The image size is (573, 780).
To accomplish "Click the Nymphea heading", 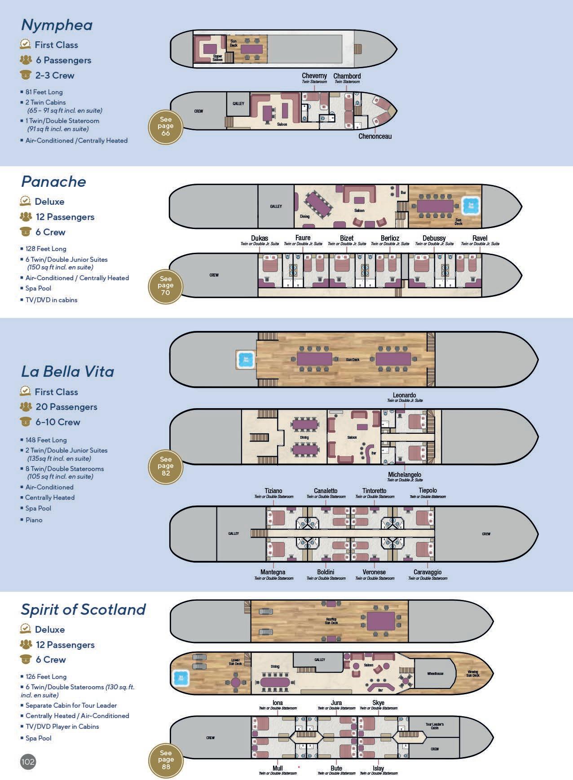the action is pos(57,25).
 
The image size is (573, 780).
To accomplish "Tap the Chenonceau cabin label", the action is pos(375,137).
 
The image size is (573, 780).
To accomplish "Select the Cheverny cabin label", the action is pos(314,76).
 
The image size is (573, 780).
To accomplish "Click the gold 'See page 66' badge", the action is pos(166,126).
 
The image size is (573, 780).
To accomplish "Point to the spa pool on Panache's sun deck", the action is pos(471,206).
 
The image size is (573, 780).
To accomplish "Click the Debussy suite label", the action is pos(434,238).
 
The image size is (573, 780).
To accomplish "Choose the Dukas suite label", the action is pos(260,238).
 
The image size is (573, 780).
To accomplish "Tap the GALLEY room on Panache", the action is pos(276,206).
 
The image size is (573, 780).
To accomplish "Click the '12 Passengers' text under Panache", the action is pos(65,217).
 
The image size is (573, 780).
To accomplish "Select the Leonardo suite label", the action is pos(404,396).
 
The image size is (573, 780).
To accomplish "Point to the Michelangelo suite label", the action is pos(405,475).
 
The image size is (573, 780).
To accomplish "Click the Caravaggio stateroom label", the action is pos(428,573).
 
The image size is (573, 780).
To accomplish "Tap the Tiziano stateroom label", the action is pos(273,491).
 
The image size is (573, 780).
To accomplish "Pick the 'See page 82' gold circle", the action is pos(166,466).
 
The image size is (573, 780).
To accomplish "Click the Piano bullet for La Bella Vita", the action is pos(34,520).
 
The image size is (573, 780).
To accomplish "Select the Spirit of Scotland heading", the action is pos(84,609).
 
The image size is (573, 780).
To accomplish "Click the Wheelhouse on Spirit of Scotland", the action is pos(435,674).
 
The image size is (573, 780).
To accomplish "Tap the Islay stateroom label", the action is pos(378,768).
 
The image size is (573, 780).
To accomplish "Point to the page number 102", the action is pos(28,762).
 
